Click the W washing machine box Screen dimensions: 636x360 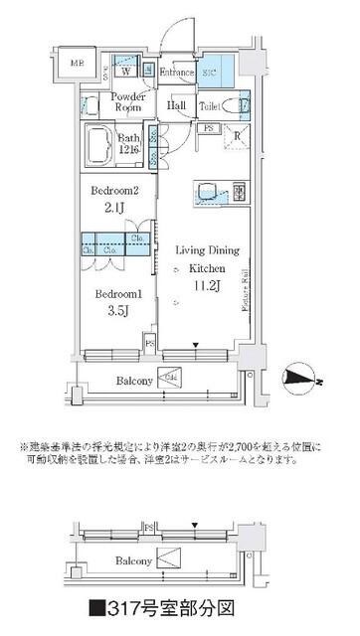click(x=126, y=71)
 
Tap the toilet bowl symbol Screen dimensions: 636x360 click(x=231, y=106)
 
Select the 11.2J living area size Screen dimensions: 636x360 click(x=208, y=288)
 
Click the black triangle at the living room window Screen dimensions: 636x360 click(x=197, y=346)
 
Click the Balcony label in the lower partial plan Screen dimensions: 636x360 click(x=130, y=561)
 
